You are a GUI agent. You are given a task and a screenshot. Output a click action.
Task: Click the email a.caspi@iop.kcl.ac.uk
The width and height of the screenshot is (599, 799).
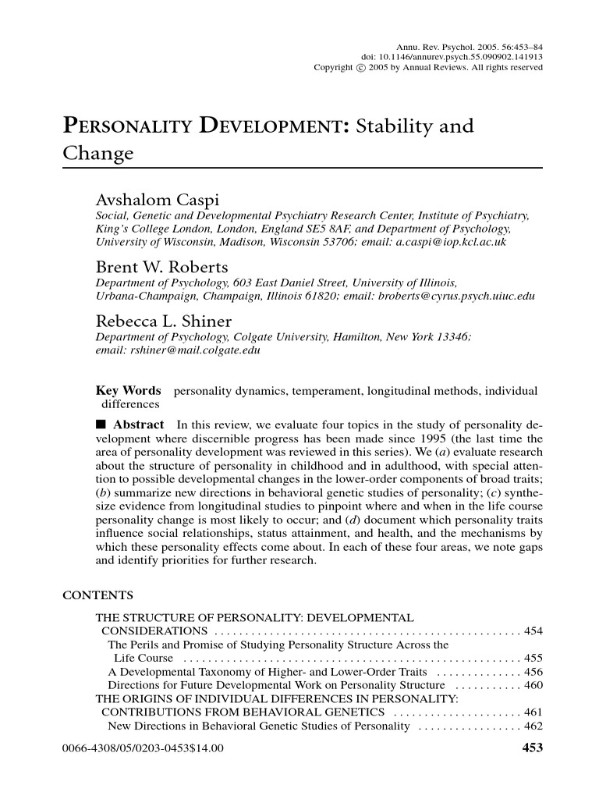[443, 243]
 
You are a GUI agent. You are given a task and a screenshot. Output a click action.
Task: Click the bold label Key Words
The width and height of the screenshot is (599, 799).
[128, 390]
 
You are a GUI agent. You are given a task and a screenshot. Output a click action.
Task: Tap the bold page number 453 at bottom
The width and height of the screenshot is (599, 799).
[531, 748]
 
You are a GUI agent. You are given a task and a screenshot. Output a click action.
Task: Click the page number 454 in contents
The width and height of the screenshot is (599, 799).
[534, 630]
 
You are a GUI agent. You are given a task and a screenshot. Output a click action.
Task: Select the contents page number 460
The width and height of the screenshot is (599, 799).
[534, 685]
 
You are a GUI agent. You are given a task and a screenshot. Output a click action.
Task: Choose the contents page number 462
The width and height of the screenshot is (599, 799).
[534, 726]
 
